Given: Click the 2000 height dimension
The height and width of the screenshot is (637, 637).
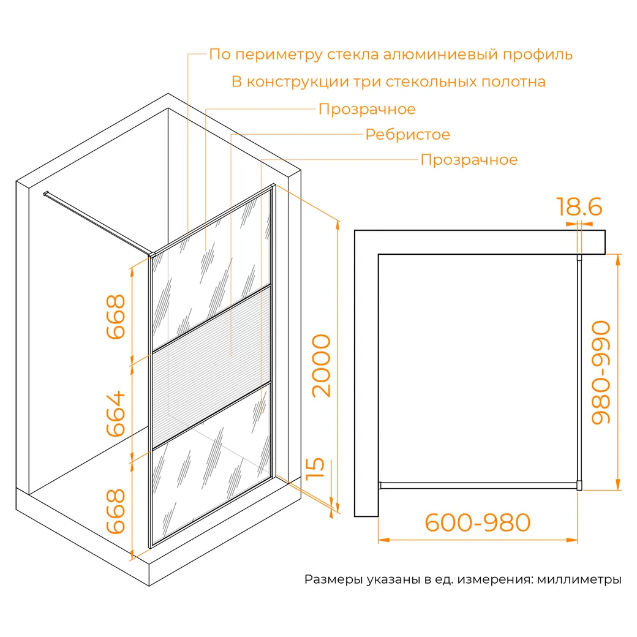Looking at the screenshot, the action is tap(322, 366).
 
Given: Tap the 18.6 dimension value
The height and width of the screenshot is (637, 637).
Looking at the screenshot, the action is tap(579, 207).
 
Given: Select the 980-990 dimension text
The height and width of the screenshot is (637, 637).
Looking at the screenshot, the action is tap(601, 372).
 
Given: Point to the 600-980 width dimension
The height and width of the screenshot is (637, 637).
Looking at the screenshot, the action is tap(477, 522).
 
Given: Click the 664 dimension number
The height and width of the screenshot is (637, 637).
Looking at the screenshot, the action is tap(116, 413).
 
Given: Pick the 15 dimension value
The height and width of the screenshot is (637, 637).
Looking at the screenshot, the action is tap(315, 469).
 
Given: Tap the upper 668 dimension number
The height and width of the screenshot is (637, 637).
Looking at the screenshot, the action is tap(116, 317).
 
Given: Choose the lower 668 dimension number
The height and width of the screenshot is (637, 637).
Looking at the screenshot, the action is tap(116, 511).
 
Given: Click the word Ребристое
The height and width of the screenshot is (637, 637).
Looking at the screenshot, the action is tap(407, 135).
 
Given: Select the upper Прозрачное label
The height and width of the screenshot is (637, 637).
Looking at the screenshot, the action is tap(367, 109).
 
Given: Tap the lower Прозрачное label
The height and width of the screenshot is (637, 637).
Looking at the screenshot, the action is tap(469, 160).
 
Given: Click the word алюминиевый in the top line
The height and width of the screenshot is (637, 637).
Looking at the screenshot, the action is tap(440, 55).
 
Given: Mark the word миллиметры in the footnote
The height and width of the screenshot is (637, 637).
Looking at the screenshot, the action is tap(579, 579).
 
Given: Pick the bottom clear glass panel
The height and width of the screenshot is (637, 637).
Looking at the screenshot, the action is tap(211, 463).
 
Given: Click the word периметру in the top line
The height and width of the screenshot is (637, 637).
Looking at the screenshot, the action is tap(279, 55).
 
